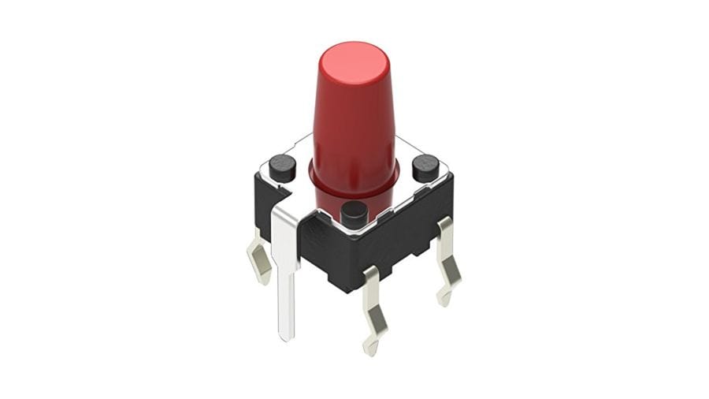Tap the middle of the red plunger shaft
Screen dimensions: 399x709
tap(354, 126)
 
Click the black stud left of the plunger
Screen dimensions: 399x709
tap(282, 166)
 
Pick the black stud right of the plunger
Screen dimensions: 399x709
tap(425, 168)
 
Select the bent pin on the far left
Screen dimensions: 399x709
tap(259, 256)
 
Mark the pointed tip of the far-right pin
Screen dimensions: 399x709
tap(444, 300)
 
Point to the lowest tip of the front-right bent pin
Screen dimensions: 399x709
tap(369, 349)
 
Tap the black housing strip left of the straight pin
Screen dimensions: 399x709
tap(262, 201)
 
